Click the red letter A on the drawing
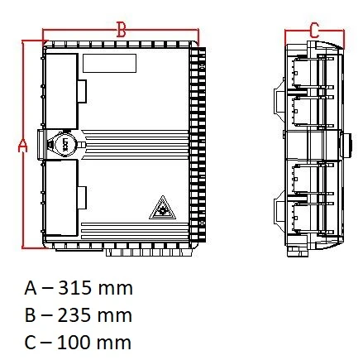click(23, 145)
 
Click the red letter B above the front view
click(121, 30)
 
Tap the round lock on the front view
click(62, 145)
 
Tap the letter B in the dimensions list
click(31, 315)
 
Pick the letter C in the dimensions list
click(31, 342)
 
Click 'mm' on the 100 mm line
click(116, 342)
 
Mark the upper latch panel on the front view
click(63, 91)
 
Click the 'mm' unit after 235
click(116, 315)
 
